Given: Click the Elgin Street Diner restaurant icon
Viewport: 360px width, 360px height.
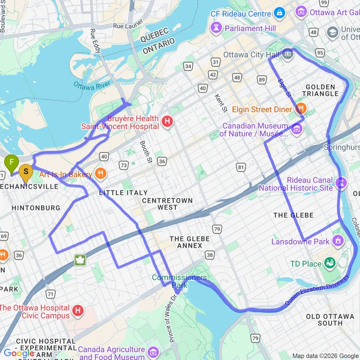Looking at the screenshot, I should tap(301, 109).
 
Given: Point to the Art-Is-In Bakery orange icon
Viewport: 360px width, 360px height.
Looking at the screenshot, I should tap(100, 174).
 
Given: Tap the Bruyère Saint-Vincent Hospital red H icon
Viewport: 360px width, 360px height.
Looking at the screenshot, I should tap(168, 122).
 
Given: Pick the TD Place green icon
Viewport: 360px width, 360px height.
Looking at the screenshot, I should tap(330, 263).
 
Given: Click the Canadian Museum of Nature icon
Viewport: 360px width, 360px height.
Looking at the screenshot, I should tap(297, 129).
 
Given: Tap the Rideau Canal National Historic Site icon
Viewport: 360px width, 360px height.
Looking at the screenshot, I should tap(341, 183).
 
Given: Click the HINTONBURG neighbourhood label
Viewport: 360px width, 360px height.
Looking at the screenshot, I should tap(36, 208).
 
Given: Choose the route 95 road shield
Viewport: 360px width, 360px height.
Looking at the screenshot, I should tap(320, 52).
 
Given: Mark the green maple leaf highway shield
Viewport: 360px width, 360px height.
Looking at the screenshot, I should tap(80, 260).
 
